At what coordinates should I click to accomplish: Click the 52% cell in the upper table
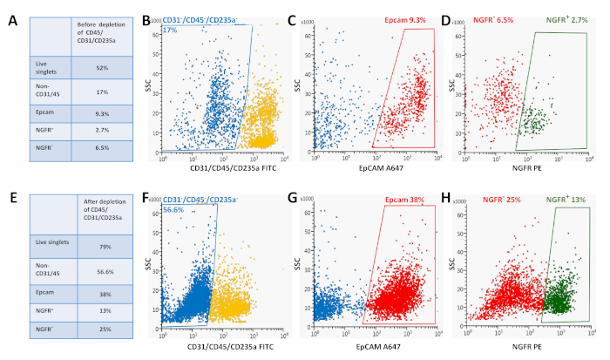tap(101, 66)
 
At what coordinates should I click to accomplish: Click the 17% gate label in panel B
tap(170, 30)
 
